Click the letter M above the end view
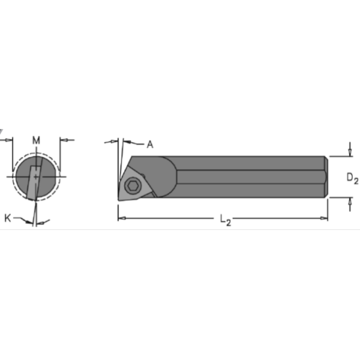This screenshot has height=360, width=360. click(x=37, y=139)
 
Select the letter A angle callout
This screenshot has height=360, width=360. click(x=150, y=144)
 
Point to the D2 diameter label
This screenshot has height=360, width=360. click(x=351, y=178)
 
